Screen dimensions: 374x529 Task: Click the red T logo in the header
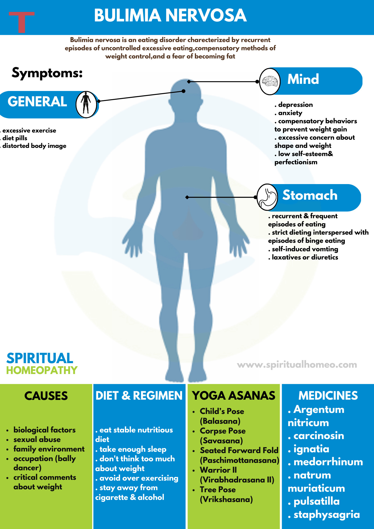coord(21,22)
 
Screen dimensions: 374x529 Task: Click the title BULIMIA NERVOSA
coord(170,15)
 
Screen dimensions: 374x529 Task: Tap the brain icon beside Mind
coord(270,81)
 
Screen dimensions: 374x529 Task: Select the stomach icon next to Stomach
coord(267,197)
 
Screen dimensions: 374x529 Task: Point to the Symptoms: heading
coord(47,73)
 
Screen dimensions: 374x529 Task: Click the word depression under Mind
coord(295,105)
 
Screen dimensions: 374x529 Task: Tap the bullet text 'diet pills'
coord(15,138)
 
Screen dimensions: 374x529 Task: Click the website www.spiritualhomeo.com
coord(297,364)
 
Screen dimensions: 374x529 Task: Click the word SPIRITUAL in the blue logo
coord(40,358)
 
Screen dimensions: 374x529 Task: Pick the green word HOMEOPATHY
coord(42,370)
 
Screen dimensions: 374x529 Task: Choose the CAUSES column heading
coord(46,396)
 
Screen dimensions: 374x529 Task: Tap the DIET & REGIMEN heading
coord(139,396)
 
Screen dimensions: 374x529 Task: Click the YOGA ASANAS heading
coord(234,396)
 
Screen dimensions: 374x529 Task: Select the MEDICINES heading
coord(328,396)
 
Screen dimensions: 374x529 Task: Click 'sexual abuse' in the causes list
coord(37,439)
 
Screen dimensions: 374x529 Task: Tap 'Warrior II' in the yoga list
coord(218,470)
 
